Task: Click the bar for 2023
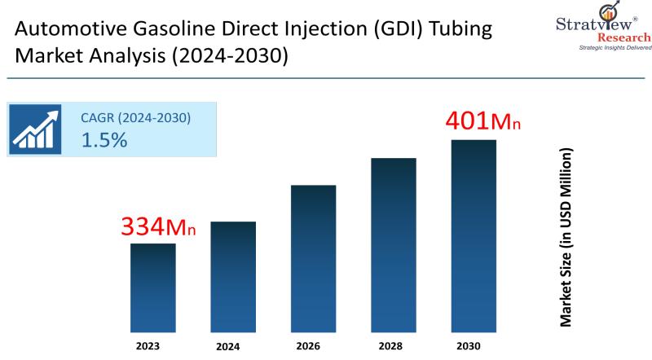pyautogui.click(x=153, y=287)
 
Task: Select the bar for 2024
pyautogui.click(x=233, y=276)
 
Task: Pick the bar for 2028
pyautogui.click(x=394, y=244)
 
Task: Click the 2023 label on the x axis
pyautogui.click(x=153, y=345)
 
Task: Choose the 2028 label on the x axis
pyautogui.click(x=394, y=345)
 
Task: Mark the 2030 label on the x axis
pyautogui.click(x=474, y=345)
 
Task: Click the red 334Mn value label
pyautogui.click(x=158, y=227)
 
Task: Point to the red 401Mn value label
pyautogui.click(x=482, y=121)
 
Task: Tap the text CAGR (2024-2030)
pyautogui.click(x=135, y=117)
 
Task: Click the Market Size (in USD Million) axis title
pyautogui.click(x=566, y=238)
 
